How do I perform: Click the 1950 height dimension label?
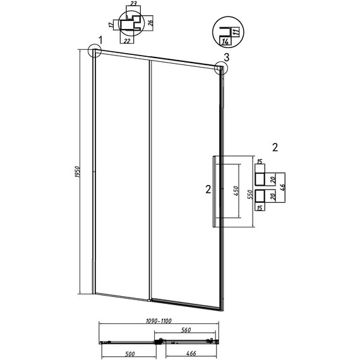(77, 172)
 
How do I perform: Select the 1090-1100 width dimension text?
(159, 320)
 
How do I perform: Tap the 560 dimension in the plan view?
(186, 330)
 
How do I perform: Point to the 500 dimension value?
(130, 354)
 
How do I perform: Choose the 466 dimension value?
(191, 353)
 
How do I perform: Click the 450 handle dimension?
(236, 191)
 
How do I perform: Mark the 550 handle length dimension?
(250, 195)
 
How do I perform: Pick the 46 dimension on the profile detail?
(282, 188)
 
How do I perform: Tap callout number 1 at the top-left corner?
(100, 40)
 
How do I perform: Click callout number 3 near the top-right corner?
(226, 57)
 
